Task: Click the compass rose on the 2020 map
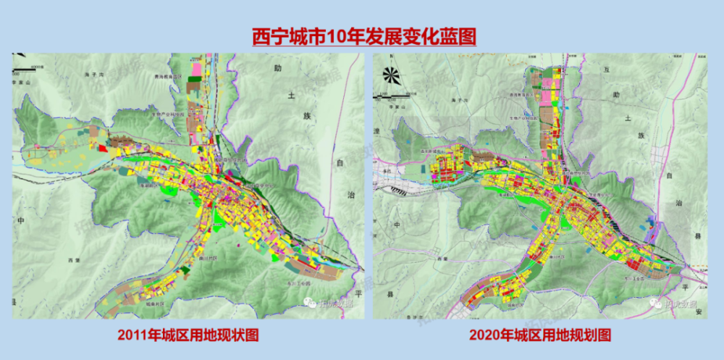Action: point(392,75)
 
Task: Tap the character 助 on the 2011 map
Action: point(277,70)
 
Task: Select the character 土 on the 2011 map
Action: point(291,95)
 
